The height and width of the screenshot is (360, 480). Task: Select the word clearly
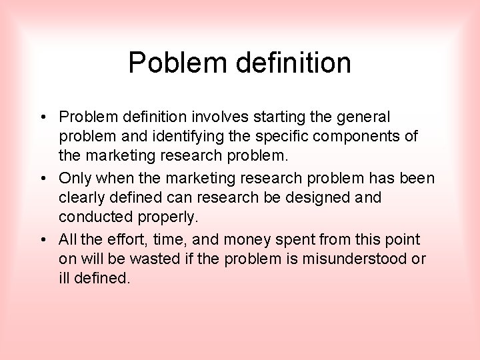point(81,198)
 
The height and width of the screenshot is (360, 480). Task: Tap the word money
point(248,239)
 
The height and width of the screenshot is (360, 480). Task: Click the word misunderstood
point(353,259)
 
